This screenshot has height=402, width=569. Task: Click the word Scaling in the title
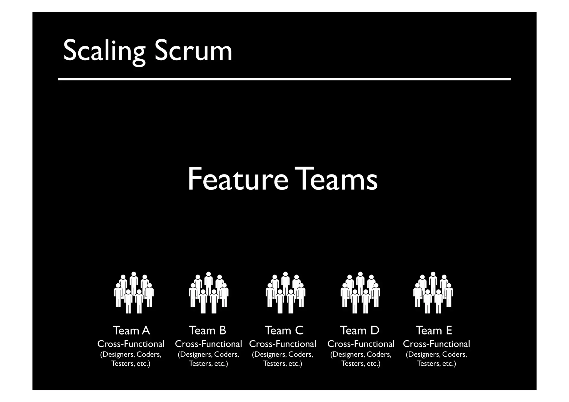[x=104, y=51]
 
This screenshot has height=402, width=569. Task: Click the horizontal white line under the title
[x=284, y=79]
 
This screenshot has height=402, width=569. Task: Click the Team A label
[x=131, y=331]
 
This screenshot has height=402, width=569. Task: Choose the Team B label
[x=208, y=331]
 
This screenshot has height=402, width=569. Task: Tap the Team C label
[x=284, y=331]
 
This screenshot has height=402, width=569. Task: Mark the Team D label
[x=360, y=331]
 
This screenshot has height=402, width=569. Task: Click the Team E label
[x=434, y=331]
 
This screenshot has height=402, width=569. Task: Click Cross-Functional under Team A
[x=131, y=344]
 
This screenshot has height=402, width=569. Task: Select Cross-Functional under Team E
[x=436, y=344]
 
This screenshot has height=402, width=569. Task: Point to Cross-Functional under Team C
[x=283, y=344]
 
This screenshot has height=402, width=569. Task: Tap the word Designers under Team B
[x=196, y=355]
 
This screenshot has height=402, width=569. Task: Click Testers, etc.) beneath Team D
[x=361, y=364]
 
